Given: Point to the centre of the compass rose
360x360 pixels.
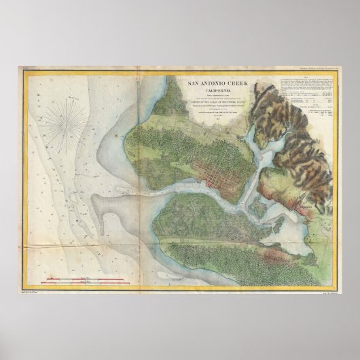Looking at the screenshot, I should click(x=71, y=124).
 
